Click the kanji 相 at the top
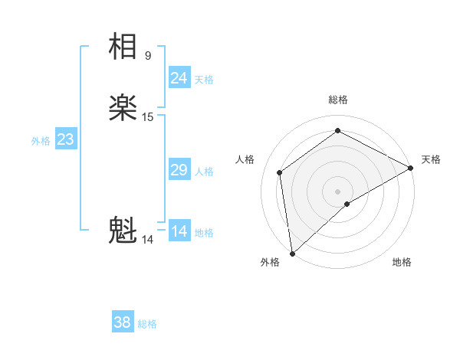[x=123, y=46]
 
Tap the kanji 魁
[x=123, y=231]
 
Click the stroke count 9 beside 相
[x=148, y=55]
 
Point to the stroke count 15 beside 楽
[x=148, y=117]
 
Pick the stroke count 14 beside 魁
[x=148, y=240]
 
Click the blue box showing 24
[x=179, y=77]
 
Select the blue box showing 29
[x=179, y=170]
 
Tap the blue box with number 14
[x=179, y=231]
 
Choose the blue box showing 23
[x=65, y=139]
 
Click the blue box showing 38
[x=123, y=322]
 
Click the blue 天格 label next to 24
[x=204, y=80]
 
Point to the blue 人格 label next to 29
[x=204, y=172]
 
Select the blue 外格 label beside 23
[x=41, y=141]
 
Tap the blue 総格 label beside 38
[x=147, y=324]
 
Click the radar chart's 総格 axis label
[x=338, y=100]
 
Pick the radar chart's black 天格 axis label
[x=431, y=159]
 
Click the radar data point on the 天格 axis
[x=411, y=169]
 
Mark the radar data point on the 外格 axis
[x=292, y=253]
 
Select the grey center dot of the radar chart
[x=338, y=191]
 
